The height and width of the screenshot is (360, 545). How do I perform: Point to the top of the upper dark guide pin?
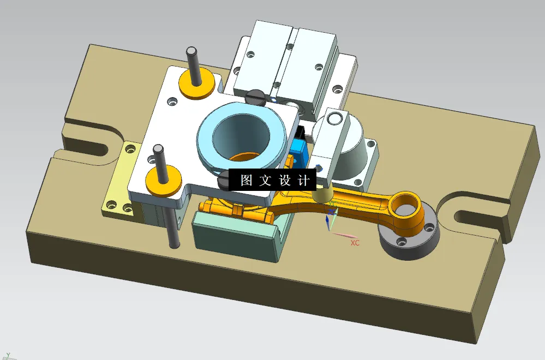tap(191, 51)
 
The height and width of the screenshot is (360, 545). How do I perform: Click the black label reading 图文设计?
tap(272, 180)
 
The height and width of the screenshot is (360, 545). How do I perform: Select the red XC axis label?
tap(355, 243)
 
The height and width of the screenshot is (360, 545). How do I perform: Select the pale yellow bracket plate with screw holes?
tap(121, 180)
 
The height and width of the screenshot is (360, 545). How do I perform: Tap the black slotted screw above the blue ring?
tap(255, 98)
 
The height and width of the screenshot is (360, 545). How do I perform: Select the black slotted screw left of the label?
tap(224, 179)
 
